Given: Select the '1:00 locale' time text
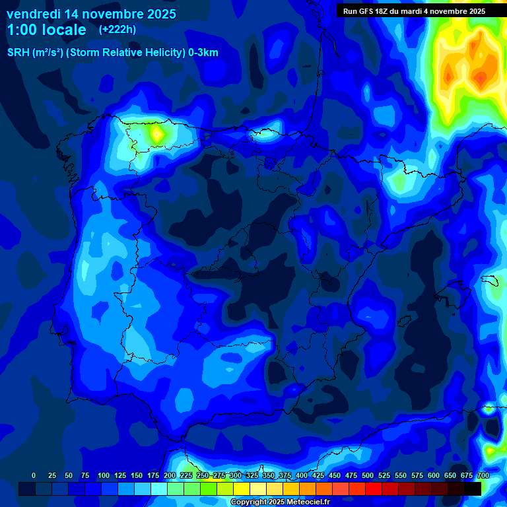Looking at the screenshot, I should (46, 30).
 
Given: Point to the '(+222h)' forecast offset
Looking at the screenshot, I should (118, 30).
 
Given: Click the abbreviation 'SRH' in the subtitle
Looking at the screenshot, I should (18, 53).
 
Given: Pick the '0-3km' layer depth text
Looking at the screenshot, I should (203, 53).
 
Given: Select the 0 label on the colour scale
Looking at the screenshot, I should (34, 476).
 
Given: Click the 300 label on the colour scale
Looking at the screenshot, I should (235, 476).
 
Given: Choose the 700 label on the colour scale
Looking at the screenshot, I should (483, 476).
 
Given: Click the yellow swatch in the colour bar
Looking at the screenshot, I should (242, 489).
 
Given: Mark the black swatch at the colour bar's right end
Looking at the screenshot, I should (473, 489).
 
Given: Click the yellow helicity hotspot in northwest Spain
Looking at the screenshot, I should (156, 134).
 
